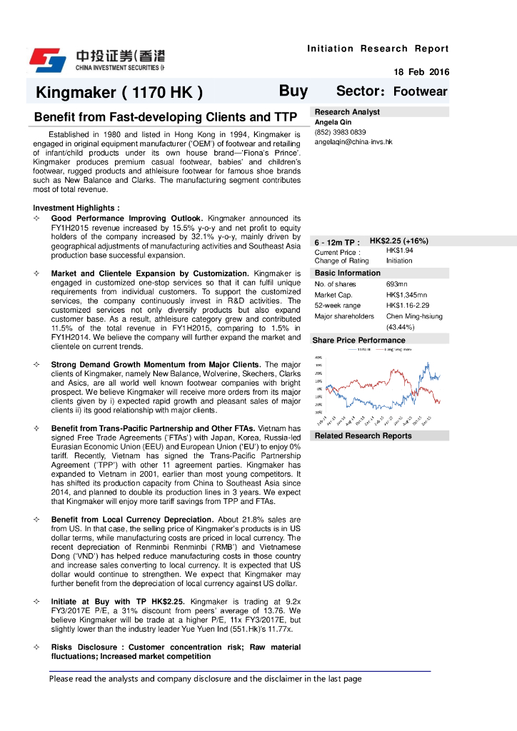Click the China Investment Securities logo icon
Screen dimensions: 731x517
point(47,60)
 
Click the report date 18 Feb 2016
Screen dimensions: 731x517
point(421,72)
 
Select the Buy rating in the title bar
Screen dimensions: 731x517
point(293,91)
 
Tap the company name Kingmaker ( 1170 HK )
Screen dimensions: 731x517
point(119,92)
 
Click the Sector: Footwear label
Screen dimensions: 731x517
point(391,91)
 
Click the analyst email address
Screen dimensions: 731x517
point(353,142)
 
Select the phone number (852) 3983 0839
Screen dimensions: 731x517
point(340,132)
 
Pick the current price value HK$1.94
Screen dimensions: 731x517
point(399,251)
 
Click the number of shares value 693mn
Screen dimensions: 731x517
point(396,285)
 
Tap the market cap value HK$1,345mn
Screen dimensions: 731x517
point(406,295)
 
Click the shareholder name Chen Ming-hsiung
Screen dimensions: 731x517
point(414,316)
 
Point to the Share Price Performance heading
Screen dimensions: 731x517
point(358,341)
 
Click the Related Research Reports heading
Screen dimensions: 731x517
point(363,435)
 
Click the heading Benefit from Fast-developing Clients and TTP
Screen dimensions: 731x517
point(166,117)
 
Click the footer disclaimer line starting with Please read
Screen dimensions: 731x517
point(205,679)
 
